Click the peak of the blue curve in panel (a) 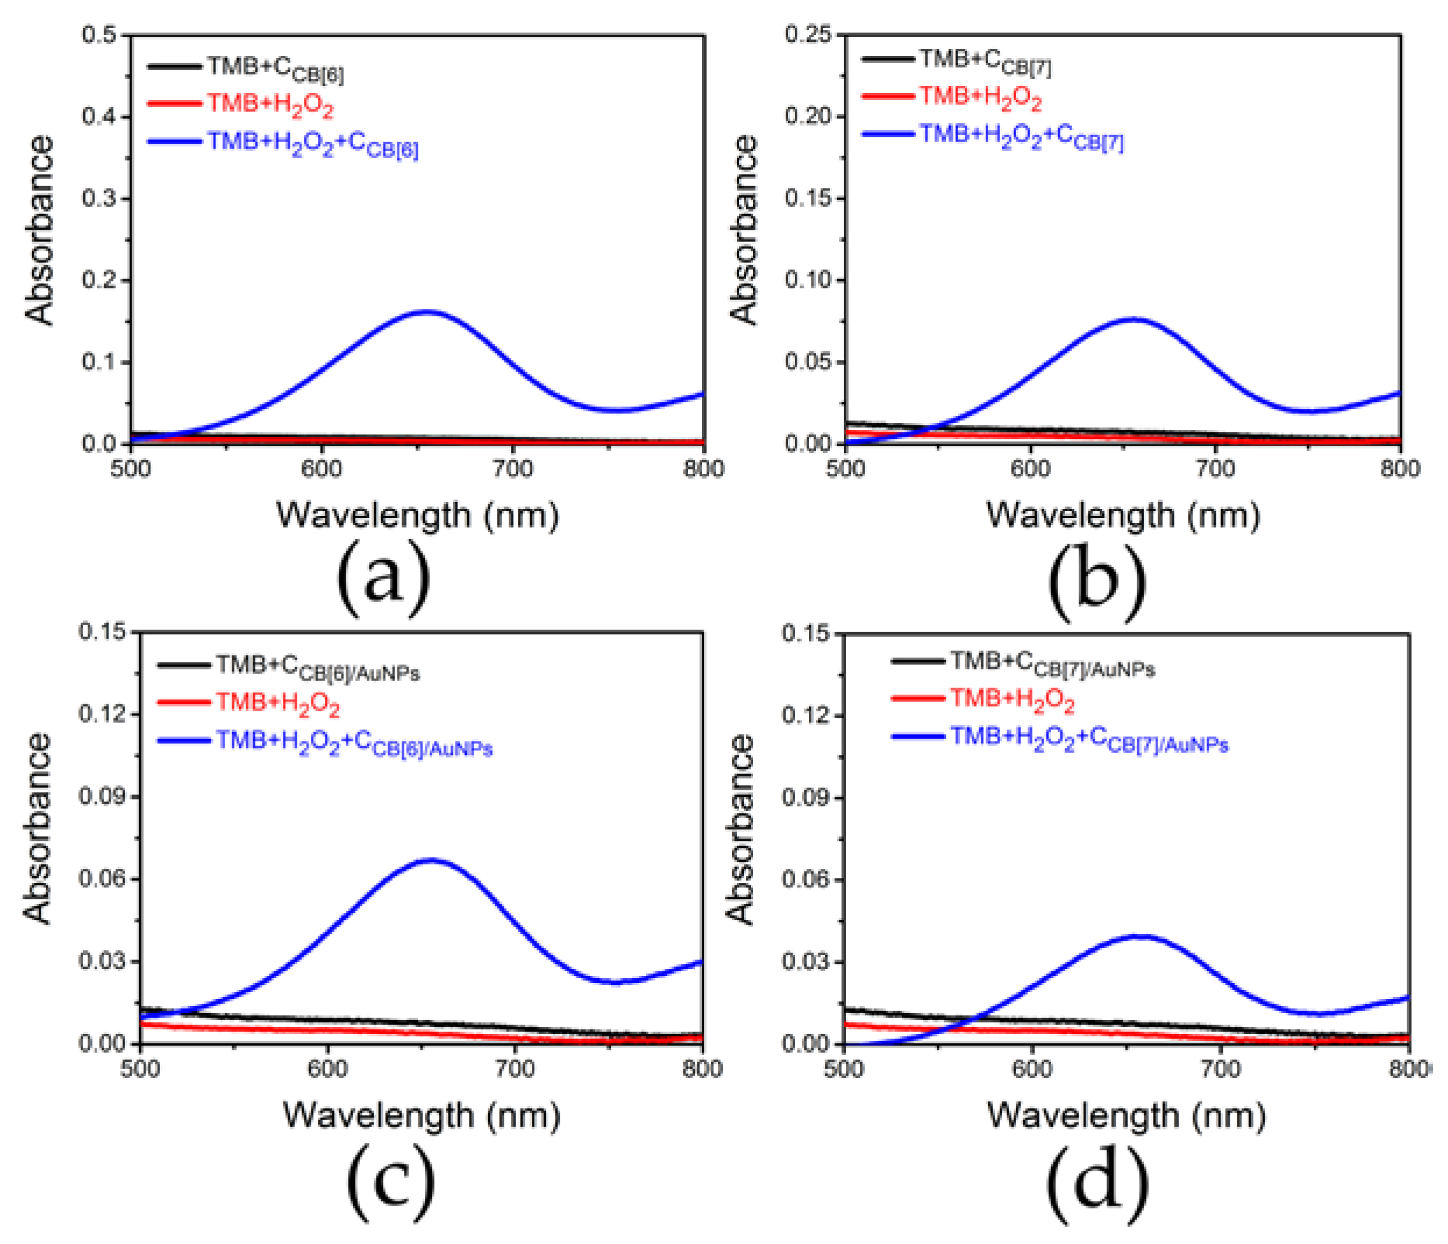pos(427,312)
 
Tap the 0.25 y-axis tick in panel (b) pos(808,34)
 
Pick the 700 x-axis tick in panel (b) pos(1215,469)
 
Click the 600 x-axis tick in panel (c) pos(328,1069)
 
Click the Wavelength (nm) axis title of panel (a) pos(418,515)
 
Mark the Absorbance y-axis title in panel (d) pos(741,829)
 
